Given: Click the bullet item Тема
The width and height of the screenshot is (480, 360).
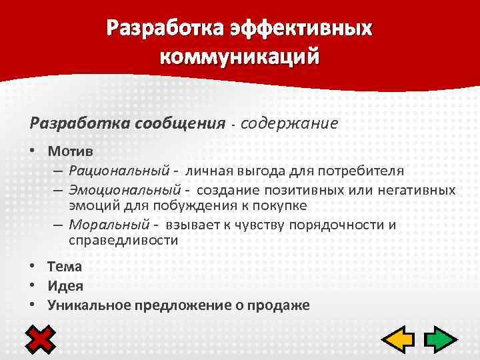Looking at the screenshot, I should [x=65, y=267].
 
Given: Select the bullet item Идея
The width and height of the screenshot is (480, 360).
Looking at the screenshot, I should [x=65, y=286].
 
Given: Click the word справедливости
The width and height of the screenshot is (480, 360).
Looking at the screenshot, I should [x=123, y=240].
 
